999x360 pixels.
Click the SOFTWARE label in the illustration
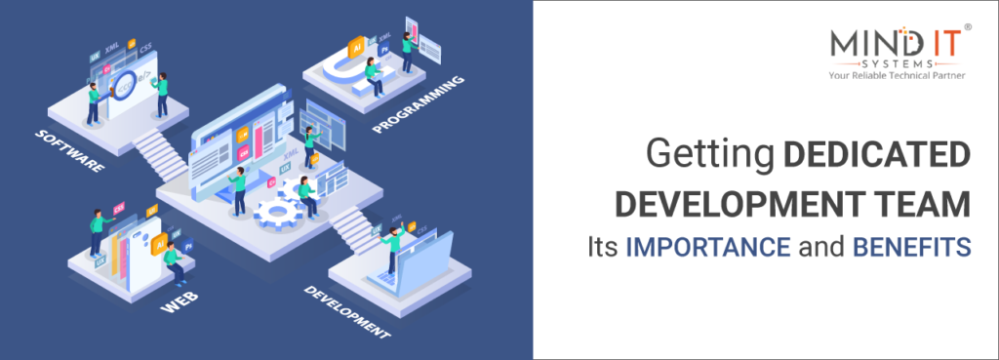71,149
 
